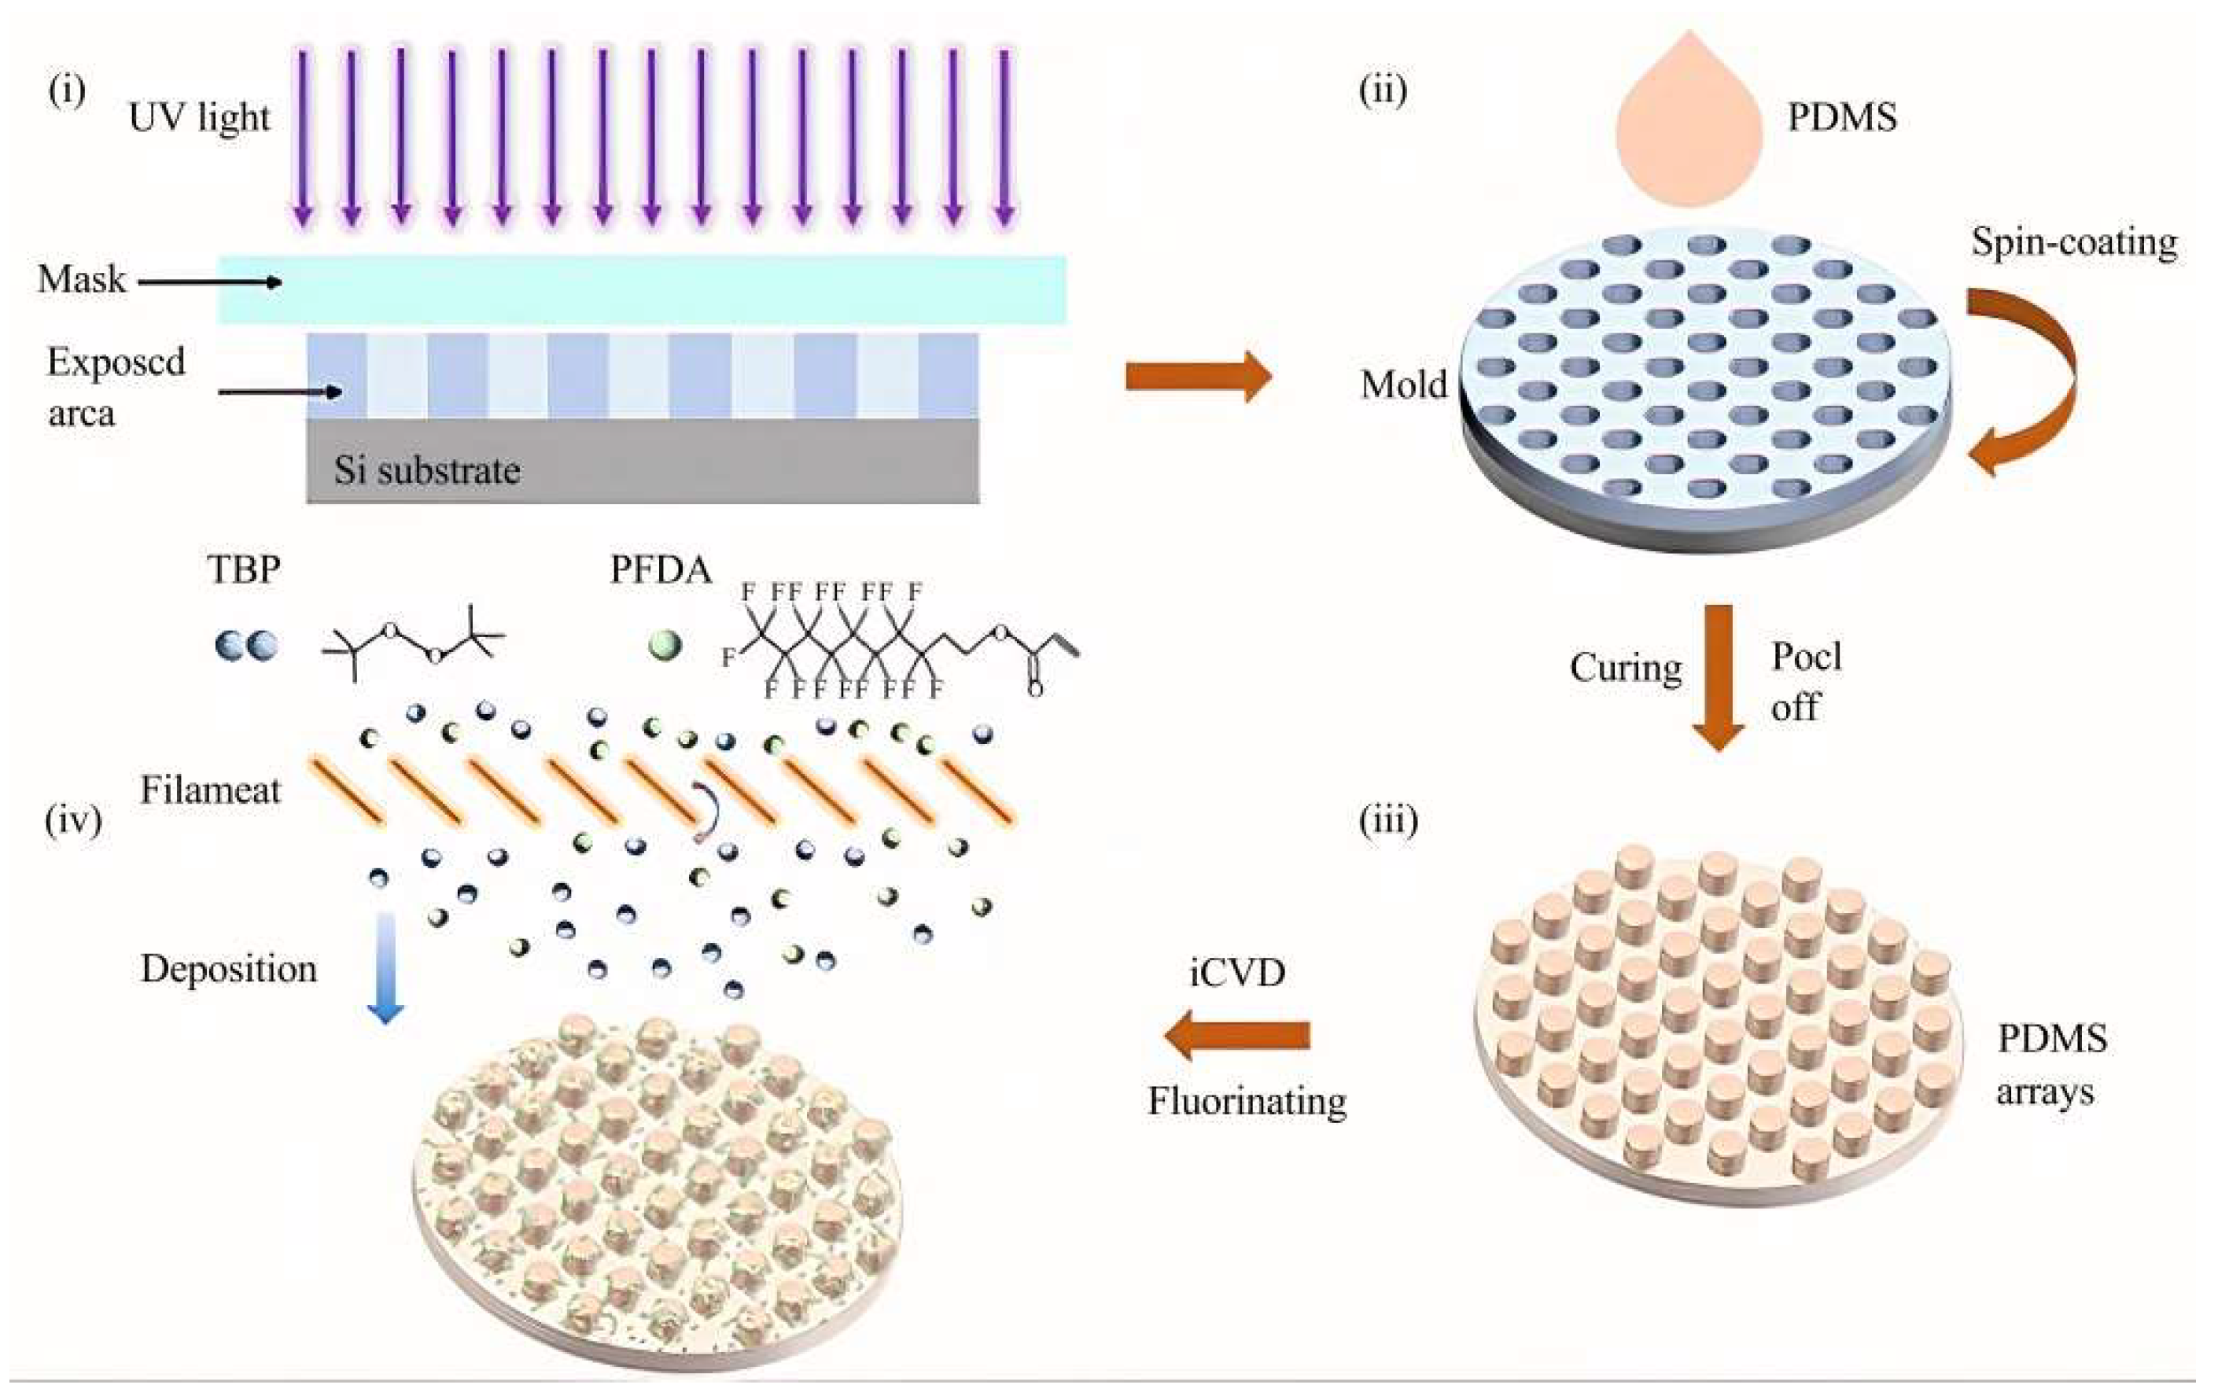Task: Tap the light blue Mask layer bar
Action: click(641, 290)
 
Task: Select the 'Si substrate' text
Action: click(426, 470)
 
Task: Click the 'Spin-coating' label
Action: click(2073, 242)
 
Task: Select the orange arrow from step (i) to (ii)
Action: click(1198, 376)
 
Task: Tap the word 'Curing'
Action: click(1625, 668)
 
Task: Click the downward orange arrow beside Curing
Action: click(1718, 676)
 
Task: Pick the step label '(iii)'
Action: click(1388, 819)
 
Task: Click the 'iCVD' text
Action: click(1236, 972)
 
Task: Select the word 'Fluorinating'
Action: click(1247, 1101)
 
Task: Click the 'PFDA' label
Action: click(660, 570)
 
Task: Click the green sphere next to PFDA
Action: click(664, 644)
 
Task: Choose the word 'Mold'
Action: click(1403, 384)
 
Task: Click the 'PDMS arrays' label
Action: click(2050, 1065)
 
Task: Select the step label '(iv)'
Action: click(72, 819)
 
